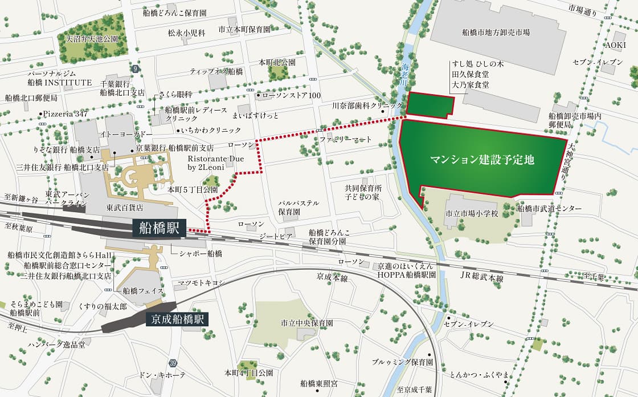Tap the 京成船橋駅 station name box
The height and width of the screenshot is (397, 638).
click(x=177, y=319)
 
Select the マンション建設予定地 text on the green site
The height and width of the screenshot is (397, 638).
click(x=482, y=160)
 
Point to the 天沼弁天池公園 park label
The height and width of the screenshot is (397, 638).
click(x=92, y=39)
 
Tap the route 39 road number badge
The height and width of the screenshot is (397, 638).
click(x=172, y=363)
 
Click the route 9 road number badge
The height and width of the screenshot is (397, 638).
click(x=135, y=68)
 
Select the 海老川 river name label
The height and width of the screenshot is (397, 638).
click(x=405, y=74)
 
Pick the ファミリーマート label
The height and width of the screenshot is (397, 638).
click(x=345, y=140)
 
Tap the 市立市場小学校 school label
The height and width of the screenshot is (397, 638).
click(x=472, y=214)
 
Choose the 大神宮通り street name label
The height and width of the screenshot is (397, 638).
click(x=571, y=162)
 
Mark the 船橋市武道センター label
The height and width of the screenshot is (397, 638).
click(x=550, y=209)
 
